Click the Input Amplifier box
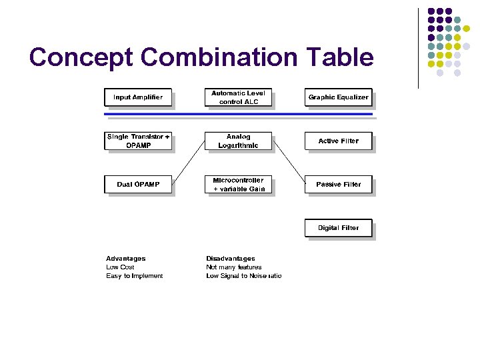click(x=138, y=97)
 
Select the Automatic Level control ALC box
click(x=238, y=97)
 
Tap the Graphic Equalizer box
click(x=338, y=97)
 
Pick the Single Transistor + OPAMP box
click(x=138, y=141)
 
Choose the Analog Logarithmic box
click(x=238, y=141)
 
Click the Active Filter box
click(x=338, y=141)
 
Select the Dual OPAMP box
click(x=138, y=184)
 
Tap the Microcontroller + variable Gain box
click(x=238, y=184)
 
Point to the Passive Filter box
click(x=338, y=184)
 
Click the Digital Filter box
click(x=338, y=228)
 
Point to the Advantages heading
click(x=125, y=259)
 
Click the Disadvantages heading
click(x=231, y=259)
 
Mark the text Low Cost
click(x=120, y=267)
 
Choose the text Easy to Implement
click(x=134, y=276)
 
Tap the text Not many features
click(x=234, y=267)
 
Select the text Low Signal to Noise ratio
click(x=244, y=276)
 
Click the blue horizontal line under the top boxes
click(x=238, y=115)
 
